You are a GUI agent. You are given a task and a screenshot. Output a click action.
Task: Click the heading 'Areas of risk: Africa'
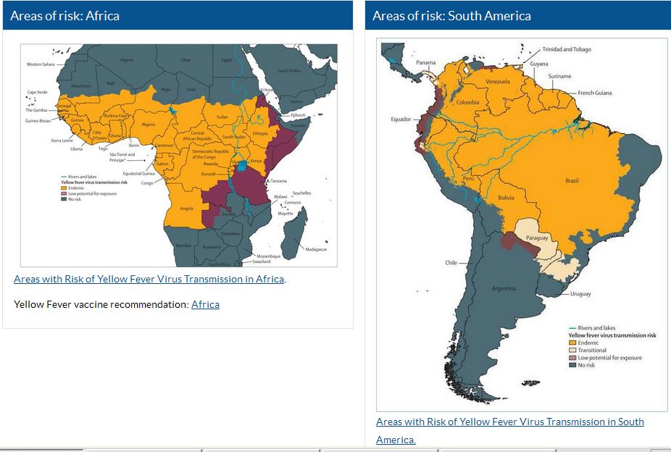64,15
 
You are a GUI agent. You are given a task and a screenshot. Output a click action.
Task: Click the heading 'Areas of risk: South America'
451,15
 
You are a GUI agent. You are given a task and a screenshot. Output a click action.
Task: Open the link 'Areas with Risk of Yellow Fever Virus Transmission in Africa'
149,279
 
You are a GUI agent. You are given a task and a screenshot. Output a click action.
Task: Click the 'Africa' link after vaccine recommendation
205,304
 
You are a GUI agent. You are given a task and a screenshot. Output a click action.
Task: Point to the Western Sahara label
41,64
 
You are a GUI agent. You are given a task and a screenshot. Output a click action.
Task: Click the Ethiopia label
260,133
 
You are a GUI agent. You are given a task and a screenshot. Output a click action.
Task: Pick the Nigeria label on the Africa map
149,125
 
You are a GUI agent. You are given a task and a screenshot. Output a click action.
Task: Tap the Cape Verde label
37,92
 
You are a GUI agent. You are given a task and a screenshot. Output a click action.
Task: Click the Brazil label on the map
572,180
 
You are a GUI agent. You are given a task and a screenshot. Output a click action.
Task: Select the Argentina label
503,288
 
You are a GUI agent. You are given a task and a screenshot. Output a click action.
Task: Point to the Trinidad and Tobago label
567,49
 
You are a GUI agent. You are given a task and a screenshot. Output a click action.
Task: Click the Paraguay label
537,238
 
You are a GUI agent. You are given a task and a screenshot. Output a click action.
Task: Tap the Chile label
451,262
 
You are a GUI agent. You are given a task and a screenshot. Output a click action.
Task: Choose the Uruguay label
580,294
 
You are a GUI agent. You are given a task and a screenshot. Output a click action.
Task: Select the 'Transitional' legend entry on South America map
592,350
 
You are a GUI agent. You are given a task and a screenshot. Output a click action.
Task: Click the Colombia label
467,102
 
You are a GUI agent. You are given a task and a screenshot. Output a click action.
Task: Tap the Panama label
426,63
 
